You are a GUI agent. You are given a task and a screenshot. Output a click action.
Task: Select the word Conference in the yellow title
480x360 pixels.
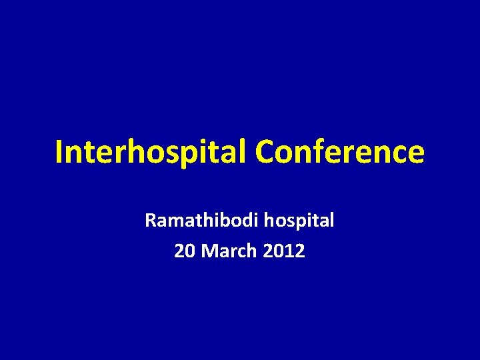(x=339, y=152)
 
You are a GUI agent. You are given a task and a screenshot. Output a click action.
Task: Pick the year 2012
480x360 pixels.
(x=285, y=251)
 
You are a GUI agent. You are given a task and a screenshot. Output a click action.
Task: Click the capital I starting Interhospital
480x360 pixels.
(x=59, y=152)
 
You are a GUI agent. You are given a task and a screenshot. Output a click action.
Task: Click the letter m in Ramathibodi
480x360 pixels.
(x=173, y=221)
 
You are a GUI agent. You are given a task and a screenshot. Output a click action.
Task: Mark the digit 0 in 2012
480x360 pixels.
(x=280, y=251)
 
